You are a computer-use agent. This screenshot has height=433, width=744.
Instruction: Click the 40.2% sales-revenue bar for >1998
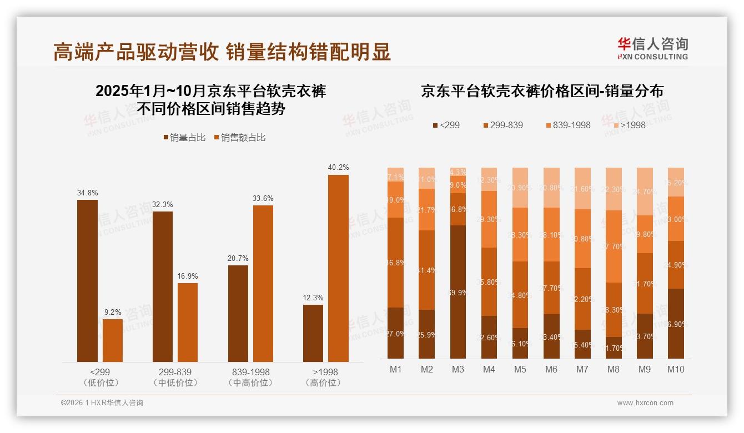tap(338, 268)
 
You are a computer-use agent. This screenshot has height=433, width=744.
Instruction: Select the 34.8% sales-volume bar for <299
tap(87, 281)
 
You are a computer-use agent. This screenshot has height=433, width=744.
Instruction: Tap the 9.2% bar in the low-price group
tap(113, 340)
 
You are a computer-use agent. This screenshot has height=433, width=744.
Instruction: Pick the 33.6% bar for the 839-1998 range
tap(263, 283)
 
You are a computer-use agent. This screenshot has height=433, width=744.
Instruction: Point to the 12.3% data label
tap(313, 298)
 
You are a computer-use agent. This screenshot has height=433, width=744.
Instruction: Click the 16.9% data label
tap(188, 276)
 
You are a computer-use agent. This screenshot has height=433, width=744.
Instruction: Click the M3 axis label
tap(458, 369)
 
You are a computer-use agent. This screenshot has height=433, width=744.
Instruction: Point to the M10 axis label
tap(676, 369)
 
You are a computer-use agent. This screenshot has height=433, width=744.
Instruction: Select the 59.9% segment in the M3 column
tap(458, 291)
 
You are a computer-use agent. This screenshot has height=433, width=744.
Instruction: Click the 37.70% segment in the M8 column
tap(614, 246)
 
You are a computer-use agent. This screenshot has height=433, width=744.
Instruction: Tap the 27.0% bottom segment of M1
tap(396, 333)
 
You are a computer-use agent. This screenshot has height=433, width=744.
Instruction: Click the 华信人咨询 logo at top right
tap(652, 48)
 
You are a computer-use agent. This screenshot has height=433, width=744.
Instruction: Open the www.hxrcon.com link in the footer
tap(645, 403)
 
